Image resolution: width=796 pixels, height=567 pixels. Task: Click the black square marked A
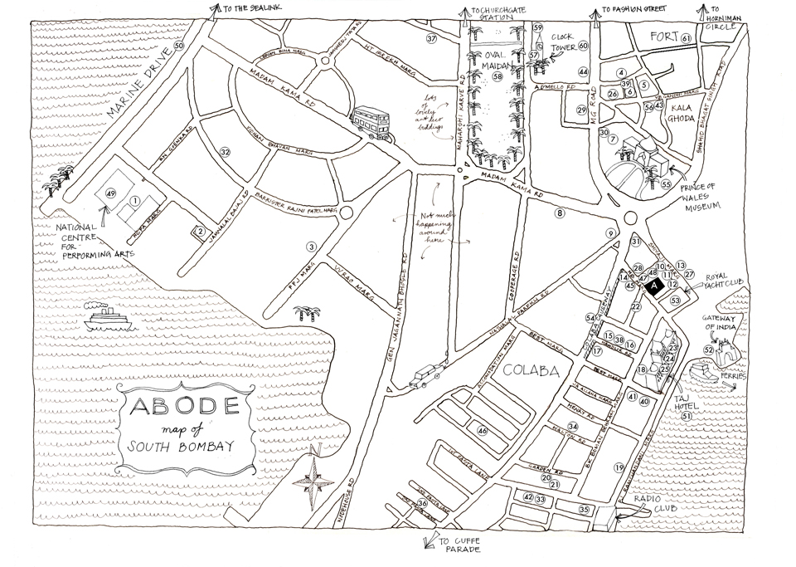point(654,286)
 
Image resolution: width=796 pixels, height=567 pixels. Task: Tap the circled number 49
point(109,193)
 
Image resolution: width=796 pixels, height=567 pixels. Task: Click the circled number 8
point(560,213)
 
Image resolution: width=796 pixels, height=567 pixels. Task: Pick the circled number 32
point(224,151)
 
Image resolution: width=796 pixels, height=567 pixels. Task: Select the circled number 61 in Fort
point(686,38)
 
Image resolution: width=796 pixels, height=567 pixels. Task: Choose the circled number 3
point(312,247)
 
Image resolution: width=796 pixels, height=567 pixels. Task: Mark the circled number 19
point(619,467)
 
